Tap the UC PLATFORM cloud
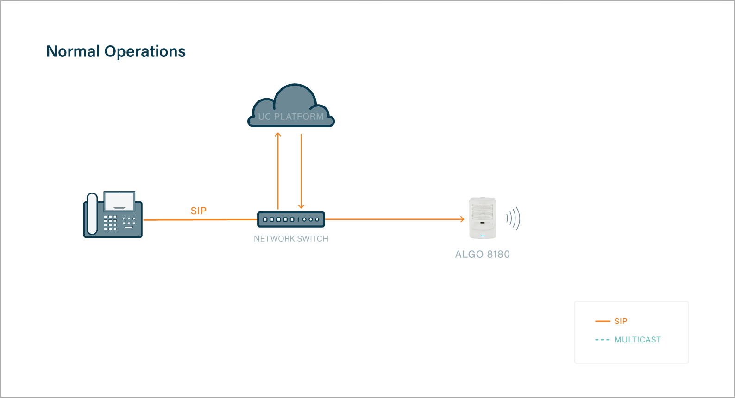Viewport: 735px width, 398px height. pyautogui.click(x=291, y=108)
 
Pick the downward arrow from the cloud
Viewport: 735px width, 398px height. pyautogui.click(x=301, y=171)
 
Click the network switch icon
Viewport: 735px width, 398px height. pyautogui.click(x=291, y=219)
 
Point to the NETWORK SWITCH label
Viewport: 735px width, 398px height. pyautogui.click(x=291, y=239)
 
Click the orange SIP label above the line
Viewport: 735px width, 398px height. pyautogui.click(x=199, y=211)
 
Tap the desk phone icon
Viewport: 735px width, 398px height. pyautogui.click(x=113, y=215)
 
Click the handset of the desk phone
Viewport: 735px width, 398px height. pyautogui.click(x=92, y=214)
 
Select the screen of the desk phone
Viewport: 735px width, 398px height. pyautogui.click(x=119, y=201)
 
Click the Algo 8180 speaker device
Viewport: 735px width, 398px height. pyautogui.click(x=483, y=218)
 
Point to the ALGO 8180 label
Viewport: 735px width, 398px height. pyautogui.click(x=482, y=255)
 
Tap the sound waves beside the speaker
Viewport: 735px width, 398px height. pyautogui.click(x=513, y=218)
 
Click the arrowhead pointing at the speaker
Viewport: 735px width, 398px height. pyautogui.click(x=461, y=219)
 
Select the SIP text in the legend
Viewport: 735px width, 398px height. pyautogui.click(x=621, y=321)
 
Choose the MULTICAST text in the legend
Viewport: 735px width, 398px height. pyautogui.click(x=637, y=340)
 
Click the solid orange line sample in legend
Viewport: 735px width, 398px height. pyautogui.click(x=603, y=321)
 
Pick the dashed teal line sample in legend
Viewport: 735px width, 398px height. pyautogui.click(x=602, y=340)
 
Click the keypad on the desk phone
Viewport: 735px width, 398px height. pyautogui.click(x=110, y=223)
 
